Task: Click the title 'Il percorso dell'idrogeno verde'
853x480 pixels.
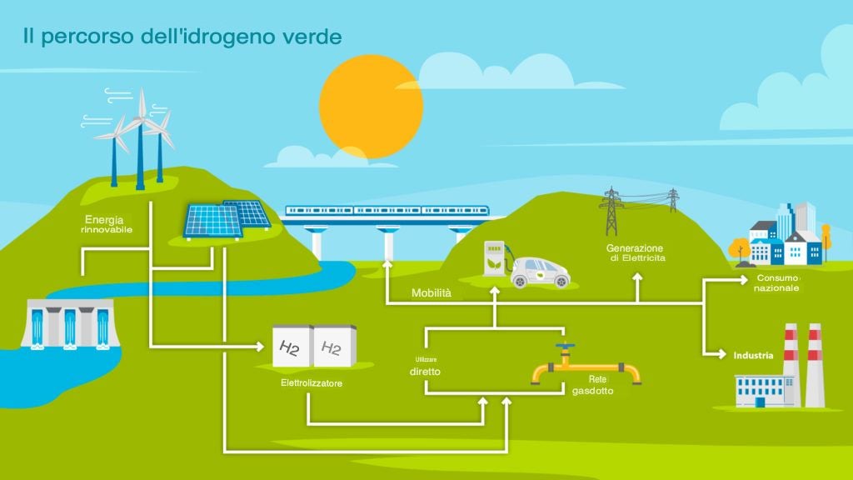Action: coord(182,37)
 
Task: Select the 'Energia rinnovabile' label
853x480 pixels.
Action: coord(107,224)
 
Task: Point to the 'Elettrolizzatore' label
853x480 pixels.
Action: coord(312,383)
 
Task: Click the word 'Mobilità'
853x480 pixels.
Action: coord(431,293)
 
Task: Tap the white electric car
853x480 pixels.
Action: coord(540,270)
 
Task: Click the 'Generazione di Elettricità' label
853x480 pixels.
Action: coord(635,253)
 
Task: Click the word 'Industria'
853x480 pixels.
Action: coord(753,356)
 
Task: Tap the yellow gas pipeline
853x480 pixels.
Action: coord(586,371)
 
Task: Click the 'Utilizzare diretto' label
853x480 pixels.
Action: coord(424,367)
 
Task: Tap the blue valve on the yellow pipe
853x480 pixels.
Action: coord(566,347)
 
